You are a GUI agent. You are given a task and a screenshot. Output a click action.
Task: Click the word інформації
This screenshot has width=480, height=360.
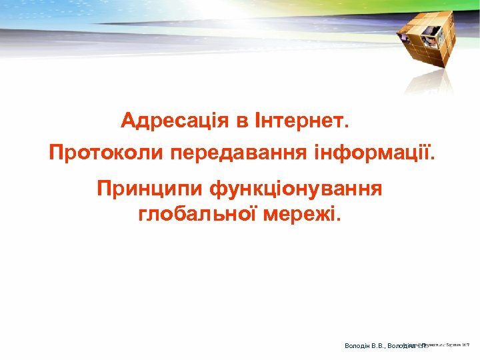pos(372,154)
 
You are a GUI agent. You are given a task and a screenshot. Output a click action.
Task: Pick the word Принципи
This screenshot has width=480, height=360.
pos(149,189)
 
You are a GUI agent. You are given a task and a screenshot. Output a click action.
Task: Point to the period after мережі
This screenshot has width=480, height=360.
pos(337,220)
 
